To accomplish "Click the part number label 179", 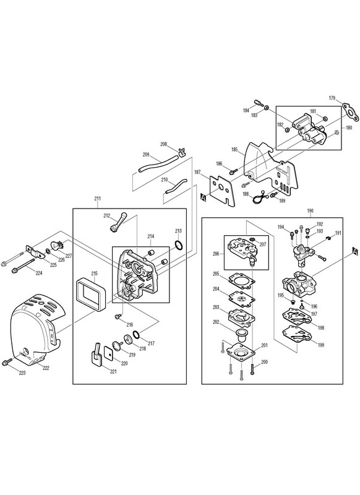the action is [332, 98].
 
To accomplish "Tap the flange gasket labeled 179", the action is [351, 112].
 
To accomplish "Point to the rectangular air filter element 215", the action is [91, 295].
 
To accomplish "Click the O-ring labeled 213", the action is [179, 245].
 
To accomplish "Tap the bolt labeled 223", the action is [7, 362].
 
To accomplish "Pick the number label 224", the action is [38, 273].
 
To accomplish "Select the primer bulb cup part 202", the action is [241, 335].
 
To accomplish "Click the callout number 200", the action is [264, 362].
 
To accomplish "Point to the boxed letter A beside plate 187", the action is [204, 198].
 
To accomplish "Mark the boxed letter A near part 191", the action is [355, 251].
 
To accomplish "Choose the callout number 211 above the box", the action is [98, 199].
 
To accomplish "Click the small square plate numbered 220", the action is [109, 355].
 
